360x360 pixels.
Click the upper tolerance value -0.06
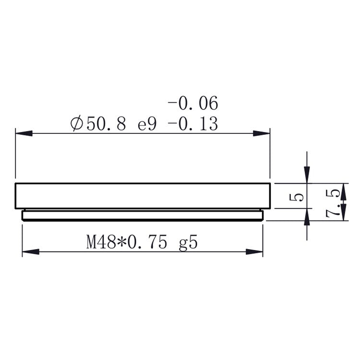(193, 104)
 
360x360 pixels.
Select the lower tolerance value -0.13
(193, 124)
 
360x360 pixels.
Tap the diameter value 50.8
(106, 124)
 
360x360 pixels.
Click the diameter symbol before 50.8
(77, 123)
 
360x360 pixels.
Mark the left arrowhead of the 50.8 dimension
(24, 133)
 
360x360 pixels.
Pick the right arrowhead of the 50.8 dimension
(262, 133)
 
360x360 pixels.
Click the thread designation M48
(101, 242)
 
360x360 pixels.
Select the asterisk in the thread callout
(122, 241)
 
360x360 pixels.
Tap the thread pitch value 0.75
(147, 242)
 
